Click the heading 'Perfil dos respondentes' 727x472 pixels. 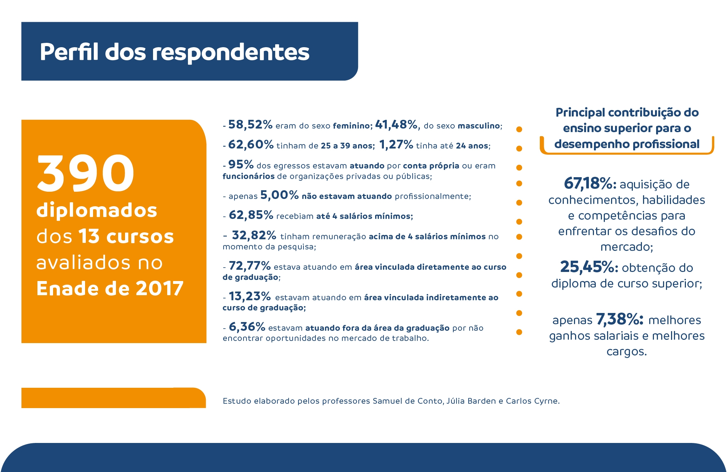click(174, 52)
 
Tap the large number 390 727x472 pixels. click(86, 173)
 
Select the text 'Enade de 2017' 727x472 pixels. click(110, 289)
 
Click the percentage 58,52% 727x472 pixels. click(250, 125)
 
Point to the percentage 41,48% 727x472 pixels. click(396, 125)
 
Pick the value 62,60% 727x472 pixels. click(251, 145)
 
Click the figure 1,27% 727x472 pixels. click(396, 145)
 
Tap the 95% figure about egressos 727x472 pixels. click(241, 164)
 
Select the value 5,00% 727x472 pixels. click(280, 195)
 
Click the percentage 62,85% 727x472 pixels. click(251, 215)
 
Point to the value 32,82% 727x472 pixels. click(254, 235)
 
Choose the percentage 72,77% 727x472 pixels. click(250, 266)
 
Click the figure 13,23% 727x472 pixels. click(250, 296)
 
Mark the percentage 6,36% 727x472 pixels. click(247, 327)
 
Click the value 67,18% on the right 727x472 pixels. click(590, 183)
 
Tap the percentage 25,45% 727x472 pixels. click(589, 267)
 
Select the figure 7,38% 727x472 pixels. click(619, 319)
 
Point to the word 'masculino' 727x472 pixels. click(479, 126)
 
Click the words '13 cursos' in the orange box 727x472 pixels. click(126, 236)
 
